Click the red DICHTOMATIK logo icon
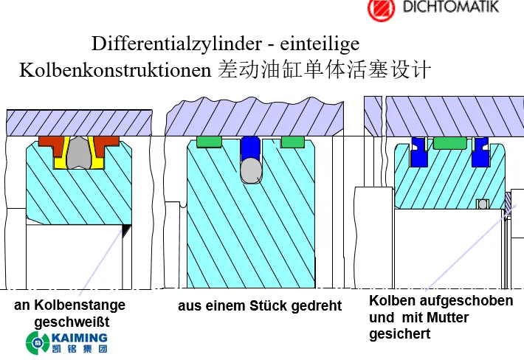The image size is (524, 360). (382, 9)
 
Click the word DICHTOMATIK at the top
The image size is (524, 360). (450, 7)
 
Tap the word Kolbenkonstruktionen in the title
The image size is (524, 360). (116, 71)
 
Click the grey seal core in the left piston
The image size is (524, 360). (77, 156)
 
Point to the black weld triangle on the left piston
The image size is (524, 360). (126, 230)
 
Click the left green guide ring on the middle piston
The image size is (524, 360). (210, 142)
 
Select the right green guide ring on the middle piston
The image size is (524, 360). (292, 142)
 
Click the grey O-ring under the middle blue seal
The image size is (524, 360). (252, 170)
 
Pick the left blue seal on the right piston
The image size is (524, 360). (420, 151)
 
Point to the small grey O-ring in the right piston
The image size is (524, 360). (483, 204)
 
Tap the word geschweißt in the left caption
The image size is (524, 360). (72, 322)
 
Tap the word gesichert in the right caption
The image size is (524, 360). (399, 334)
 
